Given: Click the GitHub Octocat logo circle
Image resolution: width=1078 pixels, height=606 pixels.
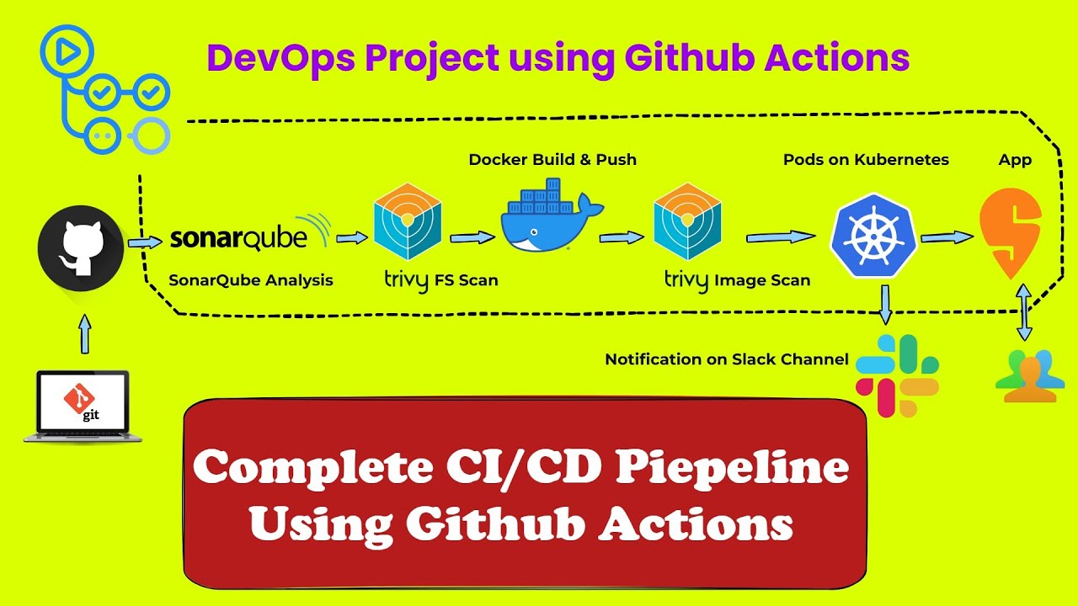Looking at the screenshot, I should [81, 247].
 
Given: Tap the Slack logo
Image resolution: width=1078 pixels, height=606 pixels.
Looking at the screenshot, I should [898, 375].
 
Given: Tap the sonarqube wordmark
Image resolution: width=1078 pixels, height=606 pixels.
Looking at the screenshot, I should [239, 238].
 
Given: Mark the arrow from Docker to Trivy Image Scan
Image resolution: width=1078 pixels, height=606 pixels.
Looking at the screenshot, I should [622, 238].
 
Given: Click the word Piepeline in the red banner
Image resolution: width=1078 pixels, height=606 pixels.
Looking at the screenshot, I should [732, 468].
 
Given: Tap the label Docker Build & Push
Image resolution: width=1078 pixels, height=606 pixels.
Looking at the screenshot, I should [552, 159].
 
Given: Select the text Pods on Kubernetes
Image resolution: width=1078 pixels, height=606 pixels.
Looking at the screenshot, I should [866, 159].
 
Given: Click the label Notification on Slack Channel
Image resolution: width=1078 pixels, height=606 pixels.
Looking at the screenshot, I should [727, 359].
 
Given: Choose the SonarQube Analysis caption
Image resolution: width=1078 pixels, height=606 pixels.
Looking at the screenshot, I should [251, 280].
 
